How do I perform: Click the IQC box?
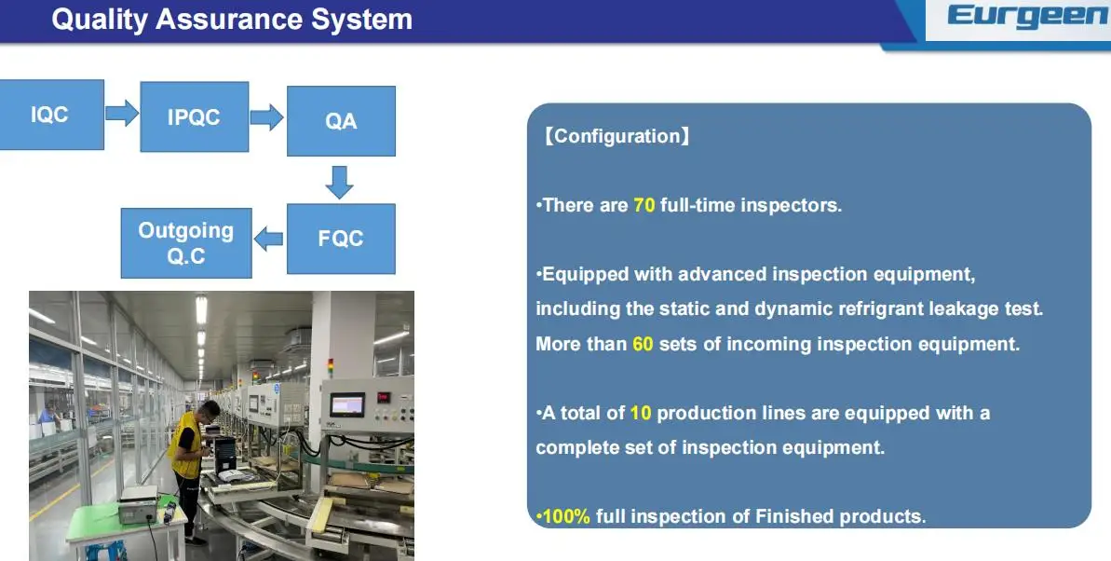[x=51, y=115]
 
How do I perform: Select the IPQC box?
[x=194, y=117]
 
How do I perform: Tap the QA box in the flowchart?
[x=341, y=121]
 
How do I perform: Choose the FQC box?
[x=341, y=239]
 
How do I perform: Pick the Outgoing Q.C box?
[x=186, y=243]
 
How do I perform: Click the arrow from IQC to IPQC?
[x=122, y=113]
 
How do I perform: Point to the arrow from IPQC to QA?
[x=267, y=117]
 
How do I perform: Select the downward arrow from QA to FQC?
[x=339, y=183]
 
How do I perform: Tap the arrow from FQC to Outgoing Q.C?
[x=268, y=239]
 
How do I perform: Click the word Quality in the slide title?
[x=100, y=20]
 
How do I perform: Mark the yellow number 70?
[x=644, y=206]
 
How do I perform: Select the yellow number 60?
[x=643, y=345]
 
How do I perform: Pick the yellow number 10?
[x=641, y=413]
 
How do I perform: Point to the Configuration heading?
[x=616, y=136]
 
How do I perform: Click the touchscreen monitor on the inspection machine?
[x=347, y=405]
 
